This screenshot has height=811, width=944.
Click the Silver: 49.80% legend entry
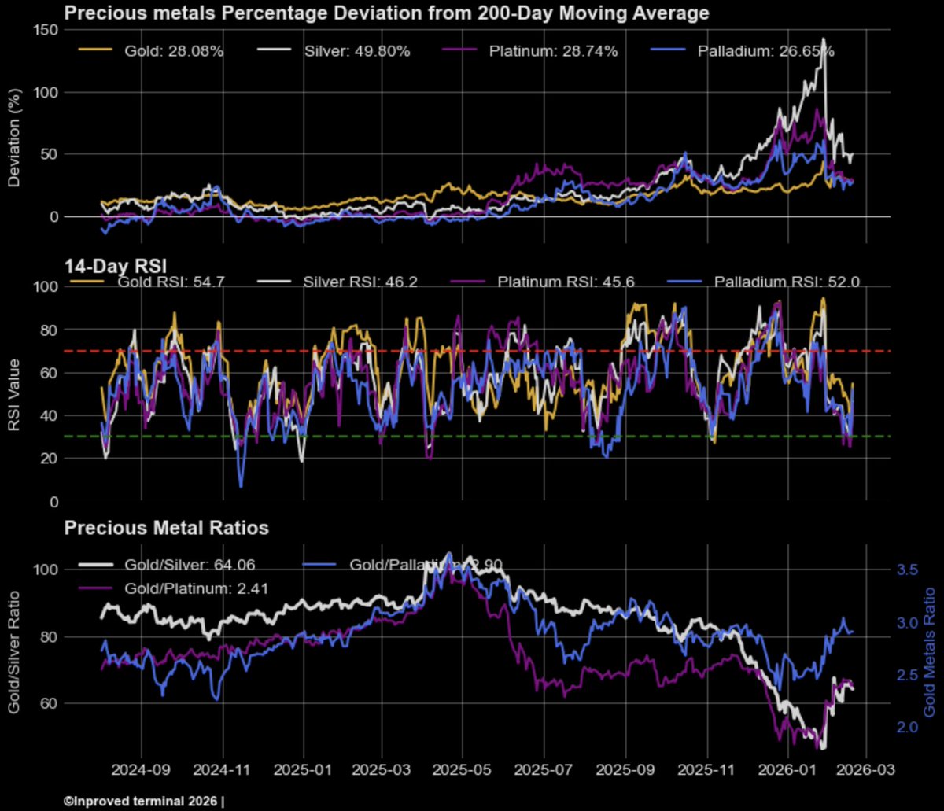tap(356, 51)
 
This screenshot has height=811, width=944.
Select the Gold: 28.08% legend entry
tap(174, 51)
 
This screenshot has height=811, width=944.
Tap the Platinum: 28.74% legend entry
tap(553, 51)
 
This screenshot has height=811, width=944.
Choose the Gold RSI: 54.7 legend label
tap(160, 281)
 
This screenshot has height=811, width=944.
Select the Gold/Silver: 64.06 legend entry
tap(190, 564)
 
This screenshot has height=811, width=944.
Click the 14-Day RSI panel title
tap(106, 264)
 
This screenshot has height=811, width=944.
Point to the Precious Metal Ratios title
tap(166, 528)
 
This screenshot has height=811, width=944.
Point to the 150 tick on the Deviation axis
tap(46, 30)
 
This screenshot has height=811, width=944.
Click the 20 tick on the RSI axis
tap(48, 459)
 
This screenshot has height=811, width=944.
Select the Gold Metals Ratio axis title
tap(930, 650)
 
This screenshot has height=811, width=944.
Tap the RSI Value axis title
tap(15, 393)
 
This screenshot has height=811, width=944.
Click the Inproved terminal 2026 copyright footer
tap(144, 802)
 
